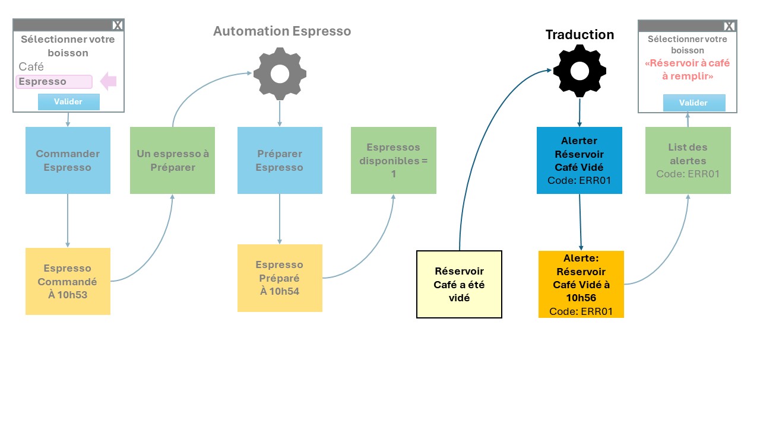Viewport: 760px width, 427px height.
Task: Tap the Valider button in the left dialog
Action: coord(68,101)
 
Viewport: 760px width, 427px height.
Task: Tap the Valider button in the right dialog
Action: coord(694,103)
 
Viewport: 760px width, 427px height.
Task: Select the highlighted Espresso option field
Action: coord(54,82)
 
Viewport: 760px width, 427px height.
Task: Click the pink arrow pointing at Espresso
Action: coord(109,81)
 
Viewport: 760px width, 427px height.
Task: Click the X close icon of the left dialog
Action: coord(118,26)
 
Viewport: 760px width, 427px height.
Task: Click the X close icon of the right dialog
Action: coord(729,27)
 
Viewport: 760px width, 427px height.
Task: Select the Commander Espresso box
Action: coord(68,160)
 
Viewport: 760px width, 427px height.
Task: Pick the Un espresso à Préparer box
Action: coord(172,160)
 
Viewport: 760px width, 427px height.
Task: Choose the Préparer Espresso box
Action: coord(280,160)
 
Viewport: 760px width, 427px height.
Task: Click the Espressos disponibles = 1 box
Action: coord(394,160)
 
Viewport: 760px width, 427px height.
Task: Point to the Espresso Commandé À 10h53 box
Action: coord(68,281)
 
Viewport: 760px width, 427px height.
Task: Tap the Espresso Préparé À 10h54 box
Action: coord(280,278)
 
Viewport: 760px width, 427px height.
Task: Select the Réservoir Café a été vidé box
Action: coord(459,284)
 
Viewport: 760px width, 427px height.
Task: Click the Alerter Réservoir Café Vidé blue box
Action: coord(579,160)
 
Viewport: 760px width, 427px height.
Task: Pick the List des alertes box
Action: coord(688,160)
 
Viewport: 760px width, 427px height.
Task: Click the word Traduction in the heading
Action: coord(580,34)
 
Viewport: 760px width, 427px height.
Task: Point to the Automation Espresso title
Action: coord(282,31)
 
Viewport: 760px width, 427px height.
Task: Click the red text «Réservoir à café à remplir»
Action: coord(688,69)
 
